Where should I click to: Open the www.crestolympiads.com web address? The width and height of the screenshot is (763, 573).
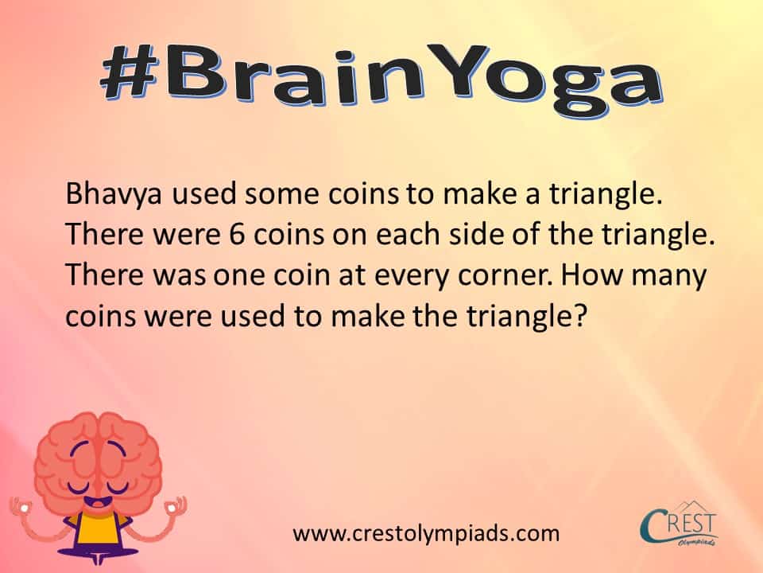[x=426, y=533]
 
